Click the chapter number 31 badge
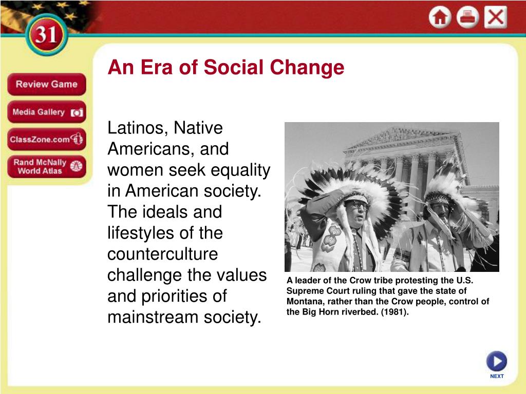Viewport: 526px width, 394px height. pyautogui.click(x=47, y=35)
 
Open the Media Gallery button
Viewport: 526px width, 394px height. pyautogui.click(x=46, y=112)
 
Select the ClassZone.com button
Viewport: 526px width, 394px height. pyautogui.click(x=46, y=139)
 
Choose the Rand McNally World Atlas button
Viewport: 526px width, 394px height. pyautogui.click(x=46, y=166)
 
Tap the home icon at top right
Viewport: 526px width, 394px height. pyautogui.click(x=440, y=17)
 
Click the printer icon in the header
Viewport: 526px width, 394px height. pyautogui.click(x=467, y=17)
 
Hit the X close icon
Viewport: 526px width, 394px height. pyautogui.click(x=496, y=17)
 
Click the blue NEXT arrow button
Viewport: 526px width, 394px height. pyautogui.click(x=496, y=361)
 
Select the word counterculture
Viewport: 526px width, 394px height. pyautogui.click(x=162, y=254)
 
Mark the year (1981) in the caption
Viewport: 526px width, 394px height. pyautogui.click(x=394, y=311)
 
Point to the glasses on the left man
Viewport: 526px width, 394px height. pyautogui.click(x=358, y=204)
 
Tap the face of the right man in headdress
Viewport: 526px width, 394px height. pyautogui.click(x=440, y=208)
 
